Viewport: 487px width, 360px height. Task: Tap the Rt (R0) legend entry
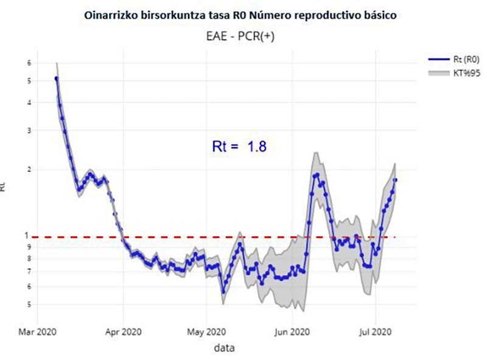pos(457,59)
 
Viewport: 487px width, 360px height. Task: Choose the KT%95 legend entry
pos(457,73)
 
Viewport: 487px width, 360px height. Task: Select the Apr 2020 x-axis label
pos(124,333)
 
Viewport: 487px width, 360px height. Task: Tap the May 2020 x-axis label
pos(206,333)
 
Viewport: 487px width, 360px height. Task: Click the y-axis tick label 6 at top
pos(29,63)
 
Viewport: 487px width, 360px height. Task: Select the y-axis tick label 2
pos(29,169)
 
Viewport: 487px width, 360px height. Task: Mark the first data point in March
pos(57,79)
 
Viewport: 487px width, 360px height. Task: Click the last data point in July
pos(396,180)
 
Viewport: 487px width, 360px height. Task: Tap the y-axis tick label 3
pos(29,130)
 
